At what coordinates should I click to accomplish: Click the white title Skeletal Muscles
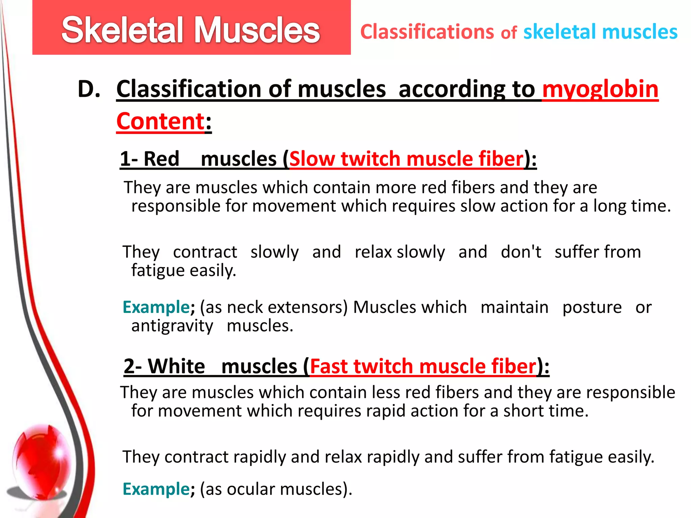[191, 30]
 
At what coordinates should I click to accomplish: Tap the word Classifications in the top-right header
[427, 32]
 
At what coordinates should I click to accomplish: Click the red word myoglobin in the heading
[600, 89]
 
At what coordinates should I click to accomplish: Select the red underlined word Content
[160, 121]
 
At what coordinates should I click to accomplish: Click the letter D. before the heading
[89, 89]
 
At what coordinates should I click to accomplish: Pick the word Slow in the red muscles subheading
[312, 159]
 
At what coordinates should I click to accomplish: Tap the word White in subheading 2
[176, 366]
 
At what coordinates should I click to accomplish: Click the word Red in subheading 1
[161, 159]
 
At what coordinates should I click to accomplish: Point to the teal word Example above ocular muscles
[156, 489]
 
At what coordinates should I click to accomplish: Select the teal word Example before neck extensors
[156, 307]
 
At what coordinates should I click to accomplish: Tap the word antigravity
[172, 326]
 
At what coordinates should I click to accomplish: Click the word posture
[592, 307]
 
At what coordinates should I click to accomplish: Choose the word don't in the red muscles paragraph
[521, 252]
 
